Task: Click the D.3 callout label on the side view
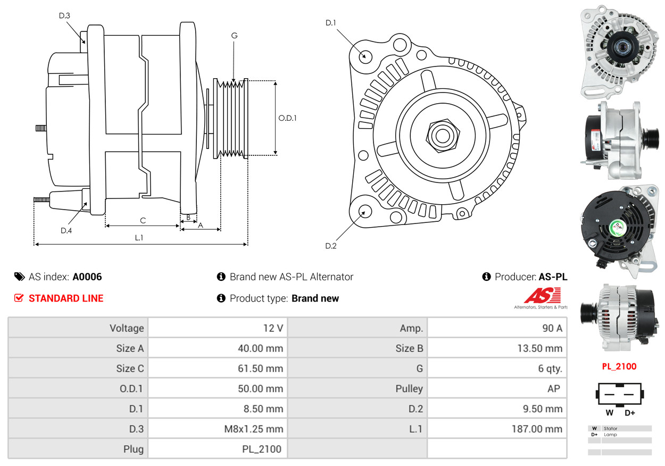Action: (64, 15)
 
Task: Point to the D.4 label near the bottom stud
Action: (66, 230)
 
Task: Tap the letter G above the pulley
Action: (234, 36)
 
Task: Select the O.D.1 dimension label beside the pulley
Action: (287, 118)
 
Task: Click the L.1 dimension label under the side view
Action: (139, 238)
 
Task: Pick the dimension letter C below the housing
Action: (143, 220)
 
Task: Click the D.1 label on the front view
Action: (331, 22)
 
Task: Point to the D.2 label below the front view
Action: (331, 246)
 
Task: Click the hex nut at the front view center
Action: (441, 135)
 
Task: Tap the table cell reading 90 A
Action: (552, 328)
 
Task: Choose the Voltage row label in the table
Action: (127, 328)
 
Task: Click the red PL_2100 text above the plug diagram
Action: (619, 367)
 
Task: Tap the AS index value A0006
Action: (87, 277)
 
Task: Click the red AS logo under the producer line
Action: (542, 295)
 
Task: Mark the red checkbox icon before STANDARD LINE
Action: (19, 298)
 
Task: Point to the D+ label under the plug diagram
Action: (630, 413)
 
